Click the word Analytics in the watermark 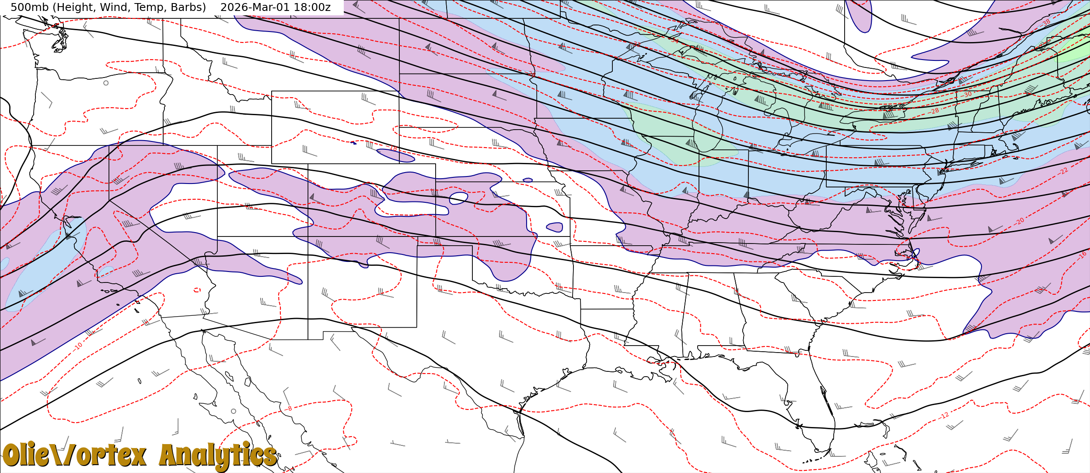click(x=218, y=455)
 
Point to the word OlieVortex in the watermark click(x=74, y=455)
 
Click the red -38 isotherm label click(x=1046, y=22)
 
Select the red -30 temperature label click(x=967, y=95)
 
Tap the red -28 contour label click(x=934, y=111)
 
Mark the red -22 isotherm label click(x=1064, y=171)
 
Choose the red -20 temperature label click(x=1020, y=221)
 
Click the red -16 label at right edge click(x=1083, y=254)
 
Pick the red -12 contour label click(x=944, y=415)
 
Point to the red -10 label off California click(x=78, y=346)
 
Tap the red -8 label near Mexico click(x=288, y=409)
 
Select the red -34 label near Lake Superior click(x=675, y=41)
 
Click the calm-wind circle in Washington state click(x=106, y=83)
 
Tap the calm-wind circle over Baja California click(x=234, y=411)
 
